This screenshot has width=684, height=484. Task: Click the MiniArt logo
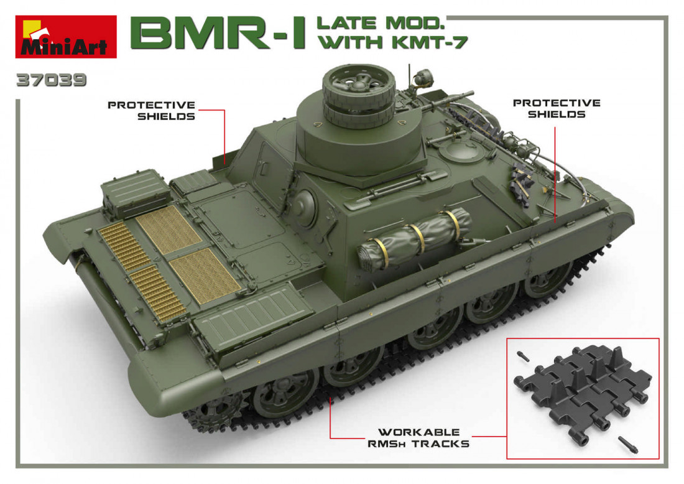pos(66,37)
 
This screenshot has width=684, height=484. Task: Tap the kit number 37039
pos(52,80)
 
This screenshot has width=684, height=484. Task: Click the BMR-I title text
pos(217,34)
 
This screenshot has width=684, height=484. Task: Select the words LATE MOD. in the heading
pos(381,23)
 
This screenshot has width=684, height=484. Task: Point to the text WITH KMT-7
pos(392,42)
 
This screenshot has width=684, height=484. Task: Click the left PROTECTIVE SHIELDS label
pos(151,110)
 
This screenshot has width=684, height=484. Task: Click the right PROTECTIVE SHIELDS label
pos(557,108)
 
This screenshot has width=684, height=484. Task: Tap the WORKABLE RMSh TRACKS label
pos(418,438)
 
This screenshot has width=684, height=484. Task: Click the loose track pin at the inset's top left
pos(524,356)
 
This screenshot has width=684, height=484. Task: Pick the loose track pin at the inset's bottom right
pos(628,444)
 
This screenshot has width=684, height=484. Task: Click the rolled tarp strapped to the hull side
pos(414,238)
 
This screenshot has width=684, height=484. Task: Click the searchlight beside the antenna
pos(422,78)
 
